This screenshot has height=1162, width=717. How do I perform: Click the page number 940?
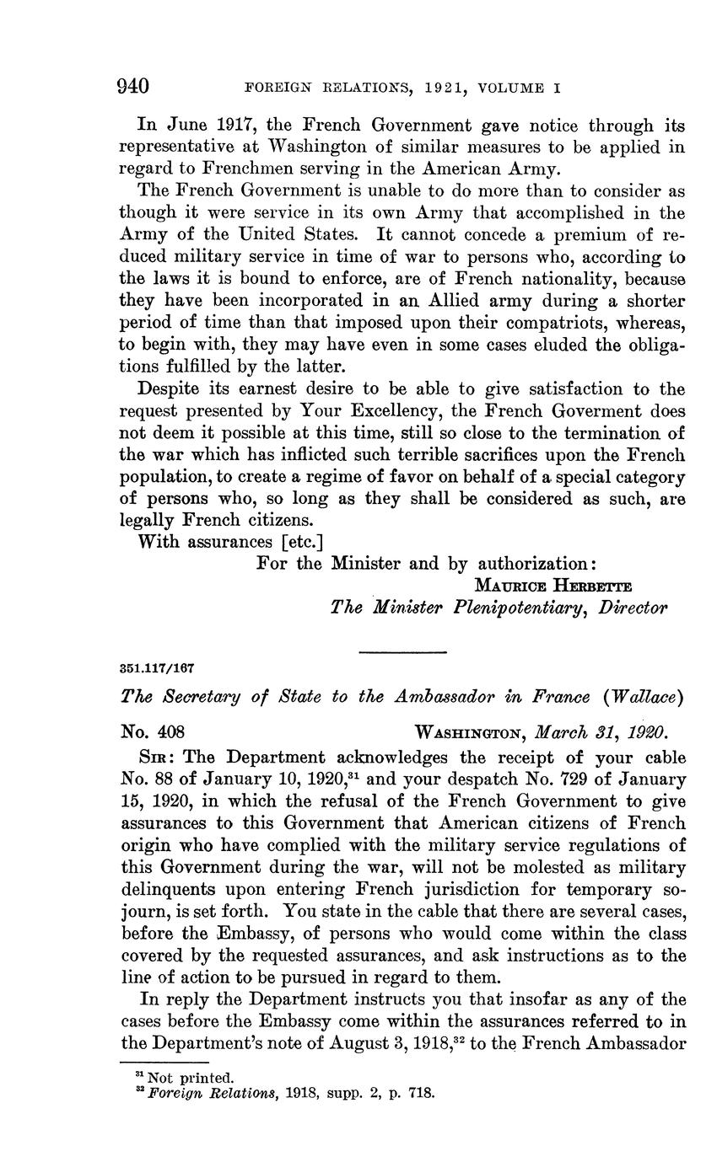(x=134, y=86)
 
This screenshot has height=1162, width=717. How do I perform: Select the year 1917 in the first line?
(x=238, y=126)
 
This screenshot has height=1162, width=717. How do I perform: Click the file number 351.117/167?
(x=158, y=667)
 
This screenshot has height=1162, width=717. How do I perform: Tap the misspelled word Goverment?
(x=577, y=411)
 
